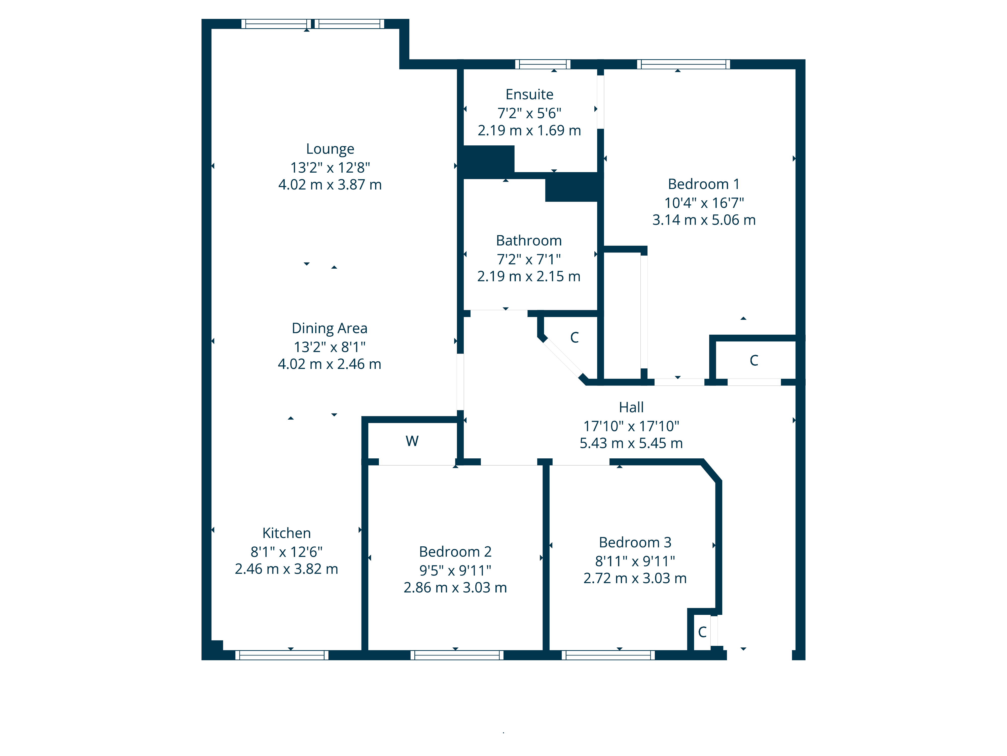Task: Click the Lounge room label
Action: [330, 149]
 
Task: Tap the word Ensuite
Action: [529, 94]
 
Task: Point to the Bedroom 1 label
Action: [704, 184]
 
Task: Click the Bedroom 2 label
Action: [455, 552]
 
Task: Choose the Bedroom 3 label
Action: [635, 542]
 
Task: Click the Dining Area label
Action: [330, 328]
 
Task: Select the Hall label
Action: [631, 407]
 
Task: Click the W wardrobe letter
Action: [412, 441]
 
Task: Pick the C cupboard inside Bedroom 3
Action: [702, 632]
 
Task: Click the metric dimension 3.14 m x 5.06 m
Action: [704, 220]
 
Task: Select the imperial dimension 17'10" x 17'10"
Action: [631, 426]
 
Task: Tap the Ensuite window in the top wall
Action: [543, 64]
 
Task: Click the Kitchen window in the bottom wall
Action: [282, 655]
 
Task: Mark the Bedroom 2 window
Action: [457, 655]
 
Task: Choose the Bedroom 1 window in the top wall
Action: [683, 64]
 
